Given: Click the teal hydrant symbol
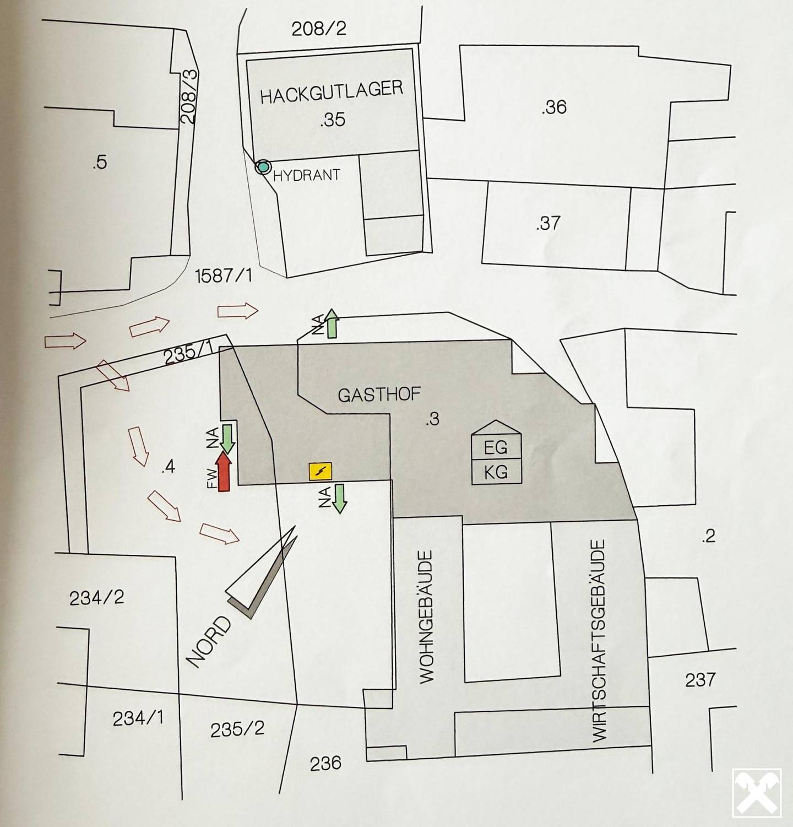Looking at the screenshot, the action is point(264,166).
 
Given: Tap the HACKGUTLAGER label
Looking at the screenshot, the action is point(332,92).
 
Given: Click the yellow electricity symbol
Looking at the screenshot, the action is point(320,471).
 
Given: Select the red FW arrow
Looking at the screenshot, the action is point(224,472).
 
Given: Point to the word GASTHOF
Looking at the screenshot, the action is point(379,394).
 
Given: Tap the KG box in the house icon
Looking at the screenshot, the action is point(496,472).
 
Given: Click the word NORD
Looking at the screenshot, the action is point(210,642).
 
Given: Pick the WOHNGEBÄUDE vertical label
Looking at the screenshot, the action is point(427,617).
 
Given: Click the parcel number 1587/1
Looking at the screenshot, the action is point(224,275).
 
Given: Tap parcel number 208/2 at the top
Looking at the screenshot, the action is point(319,28).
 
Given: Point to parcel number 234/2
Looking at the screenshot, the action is point(96,598).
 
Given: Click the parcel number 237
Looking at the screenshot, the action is point(700,680).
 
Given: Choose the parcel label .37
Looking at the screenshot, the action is point(548,223).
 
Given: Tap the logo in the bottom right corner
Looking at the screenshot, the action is point(757,793).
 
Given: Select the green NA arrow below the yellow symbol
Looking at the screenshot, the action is point(340,499).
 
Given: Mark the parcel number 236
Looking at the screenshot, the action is point(325,763).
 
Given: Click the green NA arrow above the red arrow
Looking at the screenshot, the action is point(227,439).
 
